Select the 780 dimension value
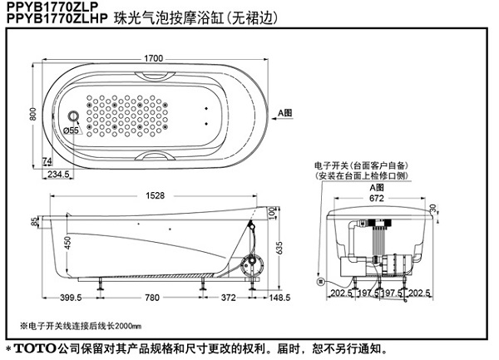(x=151, y=298)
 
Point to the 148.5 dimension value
(x=279, y=298)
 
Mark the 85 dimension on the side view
(x=34, y=222)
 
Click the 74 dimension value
(x=47, y=160)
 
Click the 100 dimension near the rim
(x=271, y=214)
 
